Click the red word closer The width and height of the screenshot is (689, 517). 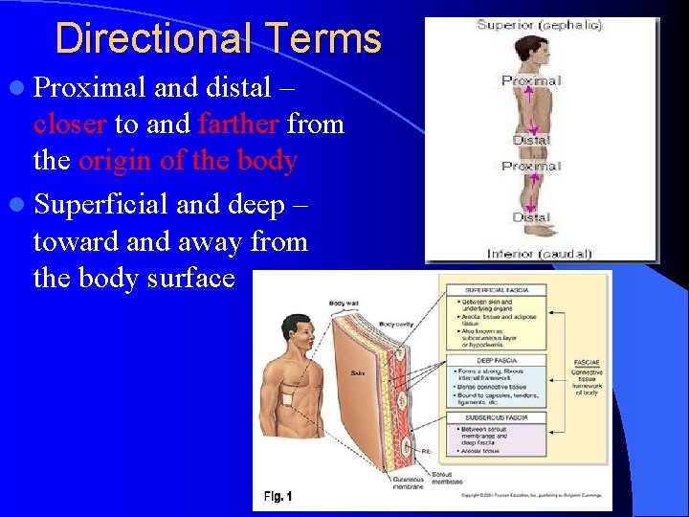(x=70, y=124)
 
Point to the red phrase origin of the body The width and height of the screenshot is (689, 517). (x=188, y=160)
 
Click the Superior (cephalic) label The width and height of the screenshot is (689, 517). (x=540, y=25)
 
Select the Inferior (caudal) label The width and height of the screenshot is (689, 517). (x=539, y=254)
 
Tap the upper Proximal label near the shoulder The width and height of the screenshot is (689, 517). (x=531, y=80)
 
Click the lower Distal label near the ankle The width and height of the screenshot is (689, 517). (x=531, y=217)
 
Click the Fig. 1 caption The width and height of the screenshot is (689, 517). (x=278, y=496)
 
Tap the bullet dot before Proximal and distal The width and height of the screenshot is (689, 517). (x=20, y=88)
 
